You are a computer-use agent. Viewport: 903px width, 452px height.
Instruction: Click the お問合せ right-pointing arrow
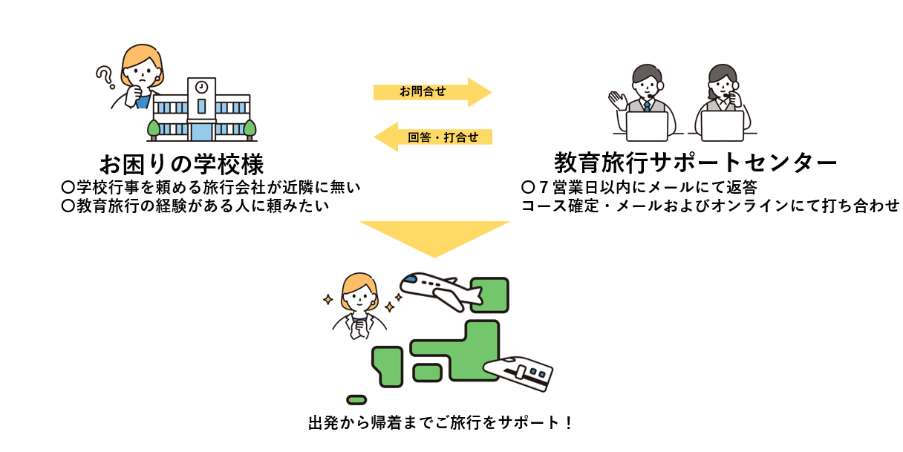click(431, 92)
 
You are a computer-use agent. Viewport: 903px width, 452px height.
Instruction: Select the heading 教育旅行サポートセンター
click(695, 162)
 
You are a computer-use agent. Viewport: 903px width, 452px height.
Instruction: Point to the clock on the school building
click(201, 88)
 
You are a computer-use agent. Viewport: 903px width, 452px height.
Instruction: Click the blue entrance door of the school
click(201, 131)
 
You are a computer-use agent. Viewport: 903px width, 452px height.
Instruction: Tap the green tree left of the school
click(154, 128)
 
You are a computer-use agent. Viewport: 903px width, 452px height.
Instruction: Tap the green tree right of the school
click(250, 128)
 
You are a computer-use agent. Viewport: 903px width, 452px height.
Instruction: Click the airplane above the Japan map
click(439, 290)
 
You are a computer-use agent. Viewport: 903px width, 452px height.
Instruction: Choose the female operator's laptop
click(722, 125)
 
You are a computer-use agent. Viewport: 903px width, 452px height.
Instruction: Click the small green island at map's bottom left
click(356, 399)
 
